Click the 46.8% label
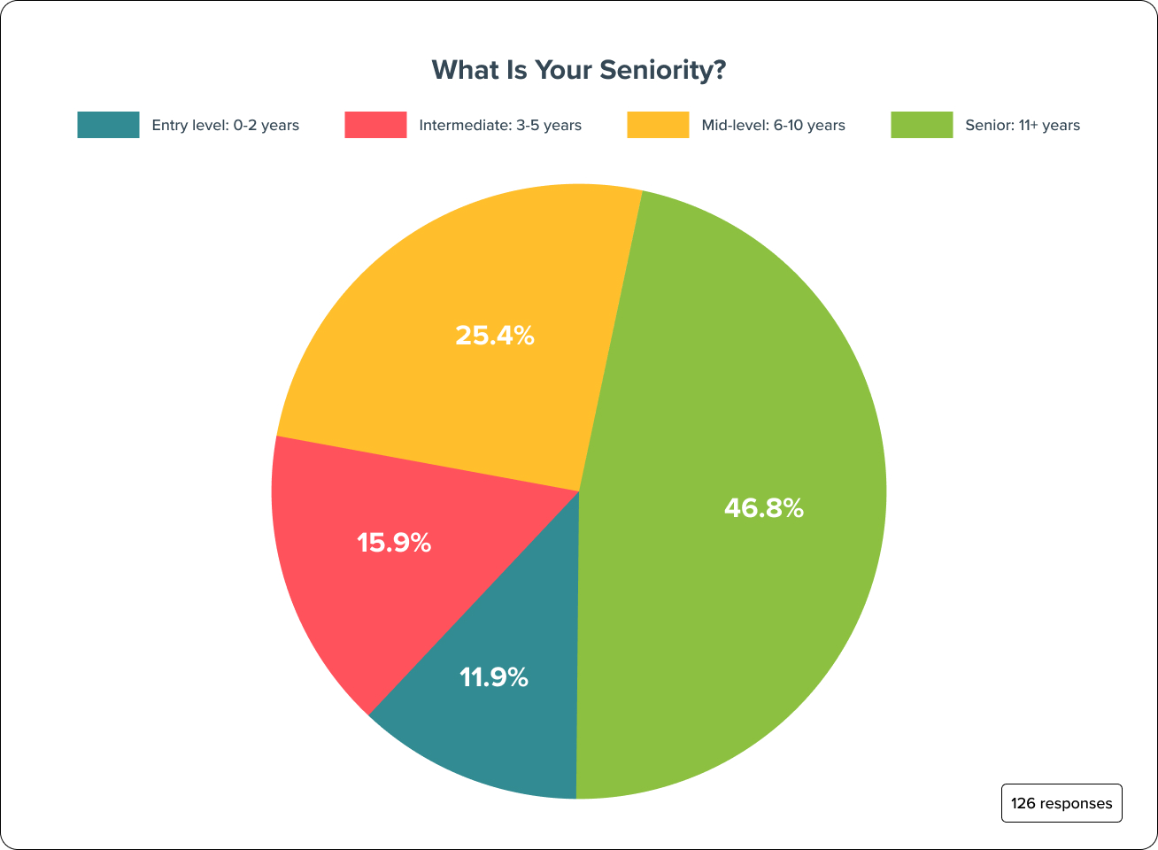coord(764,508)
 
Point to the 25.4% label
coord(495,336)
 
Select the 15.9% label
coord(394,543)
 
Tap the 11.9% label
coord(494,678)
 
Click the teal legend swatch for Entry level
coord(108,125)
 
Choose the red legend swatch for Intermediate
coord(375,125)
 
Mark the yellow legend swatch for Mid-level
coord(658,125)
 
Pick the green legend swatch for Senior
coord(922,125)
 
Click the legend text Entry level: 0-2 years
coord(225,126)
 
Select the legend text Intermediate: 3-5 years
coord(499,126)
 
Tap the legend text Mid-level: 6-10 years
coord(773,126)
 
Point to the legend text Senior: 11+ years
coord(1022,126)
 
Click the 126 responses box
coord(1061,803)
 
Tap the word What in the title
coord(461,70)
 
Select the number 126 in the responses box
coord(1023,803)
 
